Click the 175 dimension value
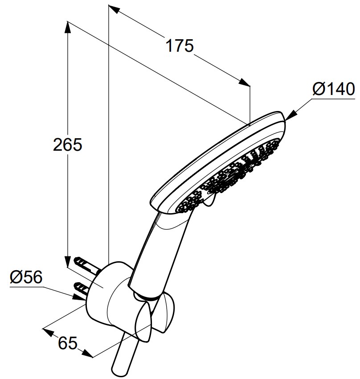[x=180, y=45]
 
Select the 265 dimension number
[x=68, y=144]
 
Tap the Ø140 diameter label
[x=334, y=89]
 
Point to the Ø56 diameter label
[x=26, y=277]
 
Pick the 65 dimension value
[x=68, y=343]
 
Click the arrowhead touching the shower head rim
[x=291, y=115]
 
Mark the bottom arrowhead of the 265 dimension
[x=68, y=261]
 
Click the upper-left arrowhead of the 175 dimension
[x=115, y=9]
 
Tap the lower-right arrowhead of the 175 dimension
[x=244, y=82]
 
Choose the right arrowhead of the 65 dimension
[x=87, y=354]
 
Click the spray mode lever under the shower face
[x=209, y=202]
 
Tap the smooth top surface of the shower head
[x=215, y=160]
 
